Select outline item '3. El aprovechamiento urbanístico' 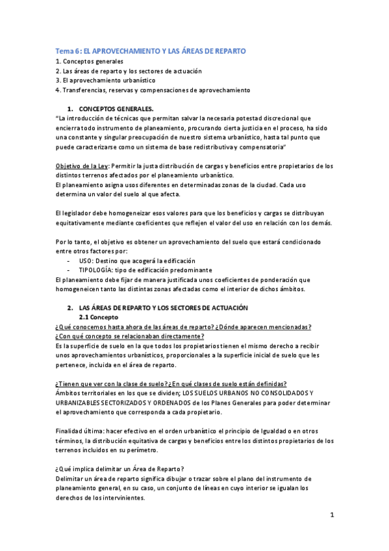pos(105,80)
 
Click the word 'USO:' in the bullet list pos(87,261)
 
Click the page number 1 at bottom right pos(332,515)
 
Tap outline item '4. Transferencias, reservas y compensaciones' pos(152,90)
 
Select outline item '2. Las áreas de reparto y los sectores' pos(129,71)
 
